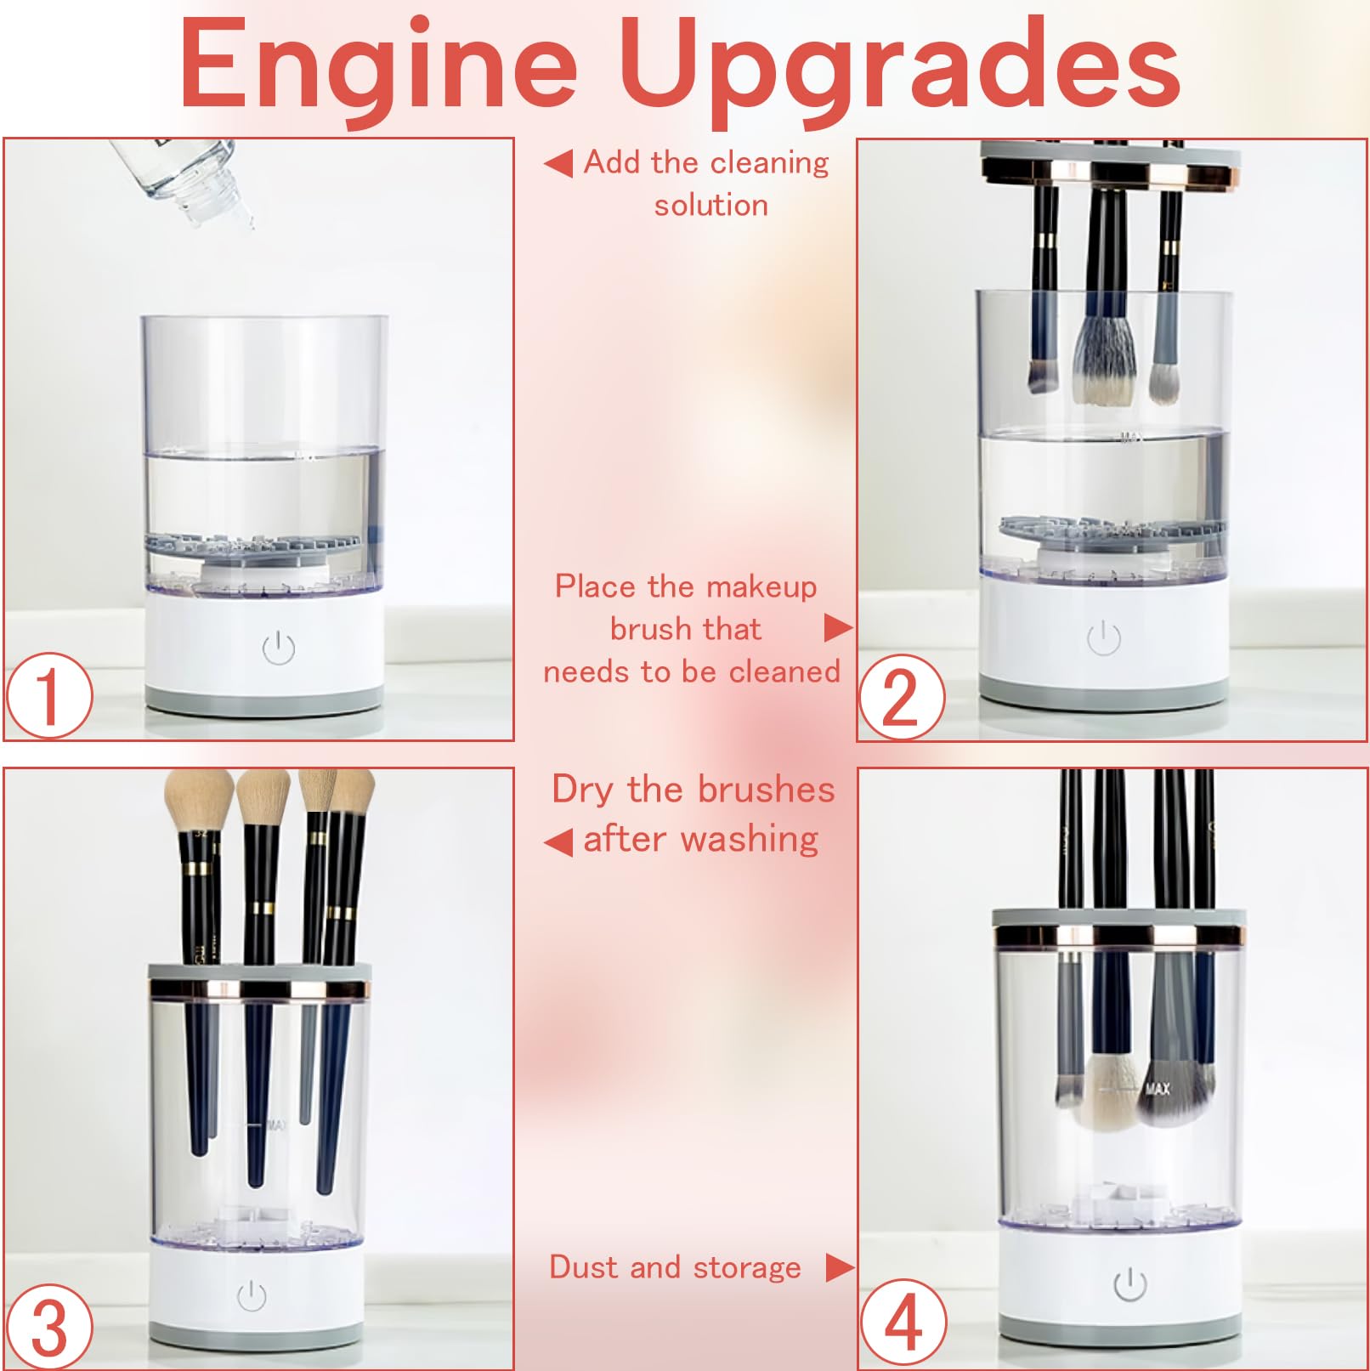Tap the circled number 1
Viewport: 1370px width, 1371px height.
[49, 695]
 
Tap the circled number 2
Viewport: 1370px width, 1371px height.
[902, 697]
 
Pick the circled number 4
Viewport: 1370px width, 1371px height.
[903, 1323]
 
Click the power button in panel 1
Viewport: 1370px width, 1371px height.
[279, 649]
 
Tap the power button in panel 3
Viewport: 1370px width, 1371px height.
[252, 1295]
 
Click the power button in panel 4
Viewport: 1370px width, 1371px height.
[1130, 1284]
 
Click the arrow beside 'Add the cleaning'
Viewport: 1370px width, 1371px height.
[558, 163]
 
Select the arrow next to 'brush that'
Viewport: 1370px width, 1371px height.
[839, 628]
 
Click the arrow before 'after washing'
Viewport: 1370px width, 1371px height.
[558, 842]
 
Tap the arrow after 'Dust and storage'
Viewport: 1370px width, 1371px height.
[840, 1267]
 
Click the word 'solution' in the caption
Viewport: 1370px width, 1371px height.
[711, 205]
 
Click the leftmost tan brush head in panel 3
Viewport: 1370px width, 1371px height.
[198, 802]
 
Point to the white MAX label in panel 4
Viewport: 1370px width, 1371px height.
[1158, 1088]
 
